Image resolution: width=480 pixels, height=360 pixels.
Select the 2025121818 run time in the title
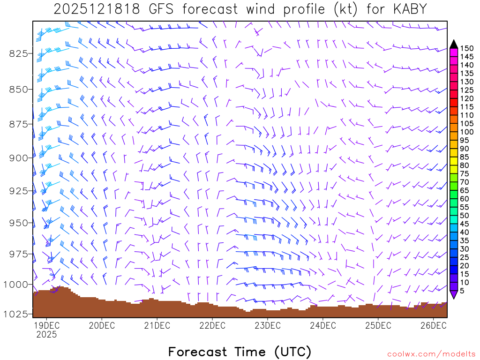pos(96,9)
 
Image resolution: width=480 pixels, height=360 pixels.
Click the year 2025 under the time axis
pos(46,335)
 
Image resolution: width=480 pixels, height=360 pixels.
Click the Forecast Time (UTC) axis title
pos(240,352)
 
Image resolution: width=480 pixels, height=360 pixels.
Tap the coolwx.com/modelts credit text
pos(431,354)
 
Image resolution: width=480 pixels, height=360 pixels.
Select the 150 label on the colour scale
pos(467,48)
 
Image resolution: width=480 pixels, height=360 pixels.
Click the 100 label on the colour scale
pos(467,132)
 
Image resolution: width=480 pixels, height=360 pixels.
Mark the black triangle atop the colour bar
pos(454,44)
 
